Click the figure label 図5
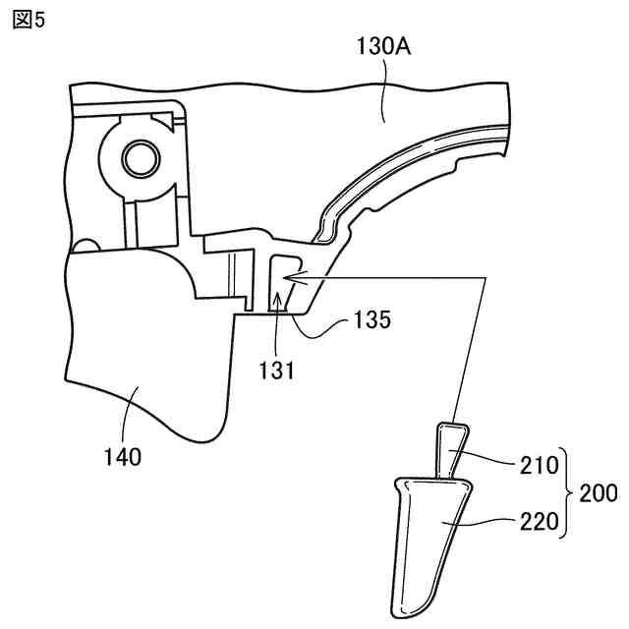[x=29, y=20]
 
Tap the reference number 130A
[x=382, y=44]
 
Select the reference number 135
[x=372, y=320]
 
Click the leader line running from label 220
[x=482, y=523]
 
